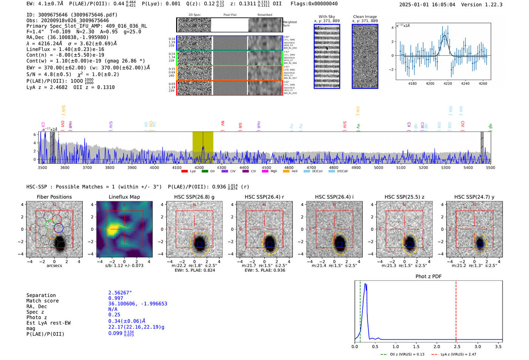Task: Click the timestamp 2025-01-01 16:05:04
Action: [x=427, y=5]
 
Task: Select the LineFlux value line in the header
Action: [x=65, y=49]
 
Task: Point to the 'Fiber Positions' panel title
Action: [x=54, y=197]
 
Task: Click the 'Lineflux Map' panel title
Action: [x=124, y=197]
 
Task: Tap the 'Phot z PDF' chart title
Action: [x=428, y=277]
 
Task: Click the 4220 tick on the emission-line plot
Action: [x=448, y=83]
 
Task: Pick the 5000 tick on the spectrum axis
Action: [x=378, y=168]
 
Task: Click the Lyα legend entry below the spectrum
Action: [x=189, y=171]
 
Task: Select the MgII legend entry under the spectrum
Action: [x=269, y=171]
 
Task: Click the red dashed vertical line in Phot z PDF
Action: [x=456, y=310]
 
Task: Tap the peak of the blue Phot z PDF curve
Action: [x=365, y=284]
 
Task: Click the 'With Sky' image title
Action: [x=326, y=17]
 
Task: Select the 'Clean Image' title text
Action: [x=365, y=17]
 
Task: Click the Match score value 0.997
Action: [x=116, y=298]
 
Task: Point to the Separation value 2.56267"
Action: [x=120, y=293]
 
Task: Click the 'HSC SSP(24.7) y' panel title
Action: [x=474, y=197]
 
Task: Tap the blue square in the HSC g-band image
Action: [x=199, y=244]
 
